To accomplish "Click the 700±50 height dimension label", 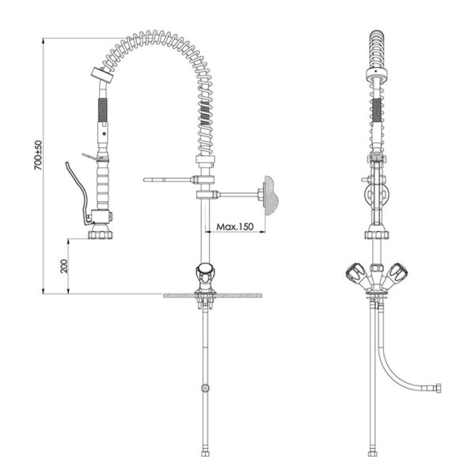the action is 39,155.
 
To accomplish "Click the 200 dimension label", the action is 64,266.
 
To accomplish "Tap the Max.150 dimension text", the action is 235,226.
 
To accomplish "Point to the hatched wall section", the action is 270,195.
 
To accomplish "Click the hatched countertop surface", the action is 213,295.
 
